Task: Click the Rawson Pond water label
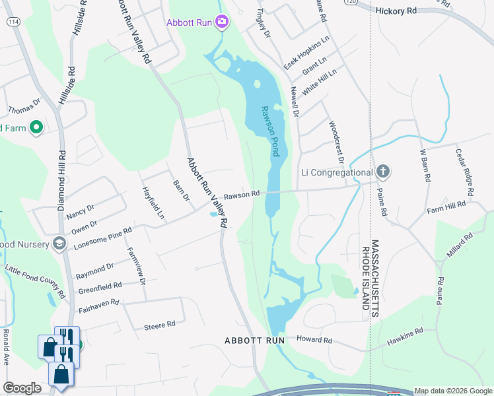[x=271, y=132]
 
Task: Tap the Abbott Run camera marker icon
[x=222, y=23]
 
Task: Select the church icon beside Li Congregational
[x=382, y=173]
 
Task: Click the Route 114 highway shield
[x=13, y=21]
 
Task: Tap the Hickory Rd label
[x=396, y=11]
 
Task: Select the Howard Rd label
[x=314, y=340]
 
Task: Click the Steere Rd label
[x=159, y=325]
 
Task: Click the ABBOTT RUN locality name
[x=254, y=341]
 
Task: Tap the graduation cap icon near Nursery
[x=59, y=244]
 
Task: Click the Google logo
[x=22, y=388]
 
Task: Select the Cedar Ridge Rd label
[x=464, y=173]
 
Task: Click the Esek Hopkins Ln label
[x=306, y=54]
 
